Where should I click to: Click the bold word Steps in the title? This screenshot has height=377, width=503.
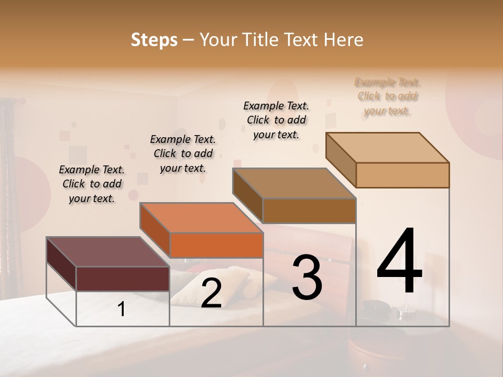154,40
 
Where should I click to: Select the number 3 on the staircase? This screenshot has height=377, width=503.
307,278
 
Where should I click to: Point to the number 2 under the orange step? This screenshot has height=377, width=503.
211,293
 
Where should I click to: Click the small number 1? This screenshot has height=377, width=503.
122,310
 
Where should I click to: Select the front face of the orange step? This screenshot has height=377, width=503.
216,245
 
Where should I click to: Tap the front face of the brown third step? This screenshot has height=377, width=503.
309,210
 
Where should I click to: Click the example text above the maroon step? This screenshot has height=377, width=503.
92,184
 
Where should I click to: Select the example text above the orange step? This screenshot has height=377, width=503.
183,153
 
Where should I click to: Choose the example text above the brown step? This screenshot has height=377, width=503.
276,120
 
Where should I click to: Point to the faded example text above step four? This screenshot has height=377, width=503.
388,96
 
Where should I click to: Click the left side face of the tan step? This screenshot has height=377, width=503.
341,160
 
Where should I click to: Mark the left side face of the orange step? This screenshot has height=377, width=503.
155,230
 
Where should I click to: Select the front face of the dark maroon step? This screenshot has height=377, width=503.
123,279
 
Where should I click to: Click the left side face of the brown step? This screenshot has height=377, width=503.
247,195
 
